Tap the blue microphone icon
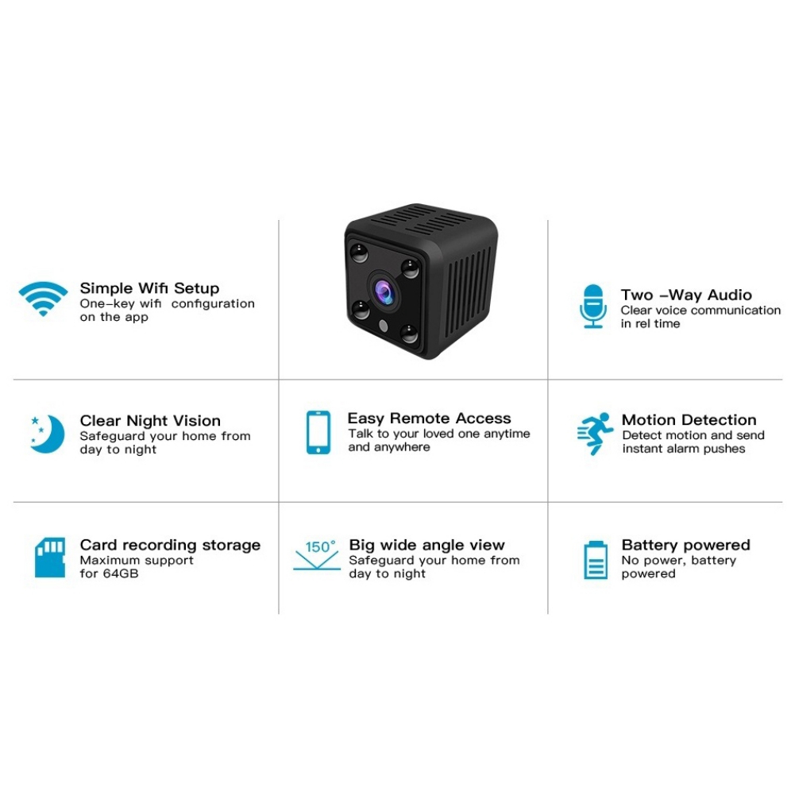(592, 307)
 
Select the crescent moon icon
(48, 434)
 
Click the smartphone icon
(318, 432)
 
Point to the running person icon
(594, 434)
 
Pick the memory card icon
(50, 558)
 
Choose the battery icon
(596, 560)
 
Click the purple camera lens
(384, 291)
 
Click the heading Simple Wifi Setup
(149, 288)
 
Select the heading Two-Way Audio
(686, 295)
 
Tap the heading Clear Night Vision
(150, 420)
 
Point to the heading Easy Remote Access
(429, 419)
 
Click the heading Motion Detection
(689, 420)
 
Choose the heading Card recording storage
(170, 545)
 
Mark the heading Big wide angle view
(427, 545)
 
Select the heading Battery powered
(686, 545)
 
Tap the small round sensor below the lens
(384, 326)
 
